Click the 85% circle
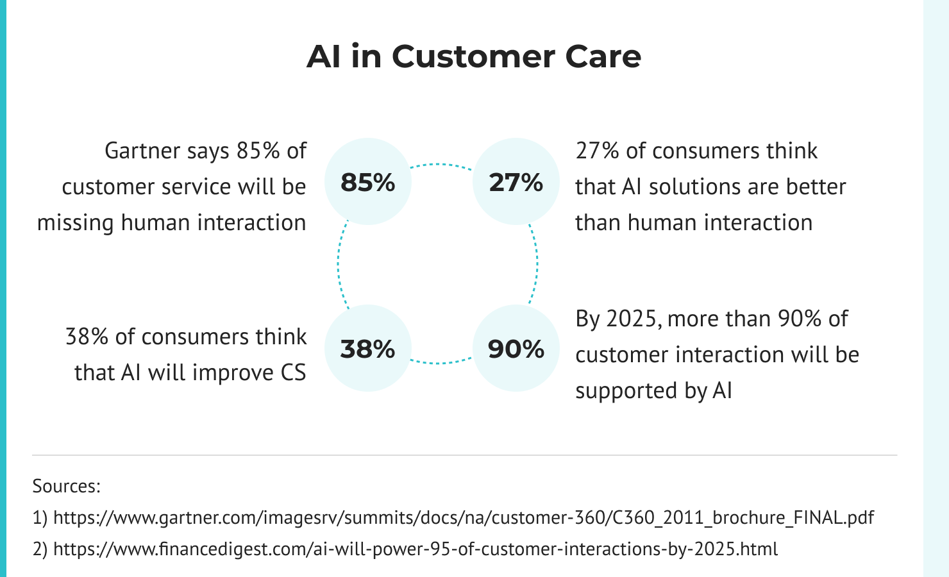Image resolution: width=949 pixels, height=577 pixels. tap(368, 181)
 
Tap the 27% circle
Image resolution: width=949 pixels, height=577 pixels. tap(516, 181)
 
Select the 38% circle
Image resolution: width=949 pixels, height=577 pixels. tap(368, 348)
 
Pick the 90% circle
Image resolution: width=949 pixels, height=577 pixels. tap(516, 348)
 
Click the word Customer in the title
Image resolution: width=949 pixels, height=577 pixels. tap(474, 56)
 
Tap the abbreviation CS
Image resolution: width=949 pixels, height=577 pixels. tap(293, 372)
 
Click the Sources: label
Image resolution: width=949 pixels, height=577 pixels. tap(67, 486)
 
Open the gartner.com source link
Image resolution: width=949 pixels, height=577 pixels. tap(464, 517)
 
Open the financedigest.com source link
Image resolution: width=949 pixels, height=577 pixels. tap(416, 549)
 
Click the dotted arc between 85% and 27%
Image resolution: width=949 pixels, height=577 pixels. tap(441, 164)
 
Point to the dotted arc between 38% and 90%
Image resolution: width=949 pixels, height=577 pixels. tap(441, 363)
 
